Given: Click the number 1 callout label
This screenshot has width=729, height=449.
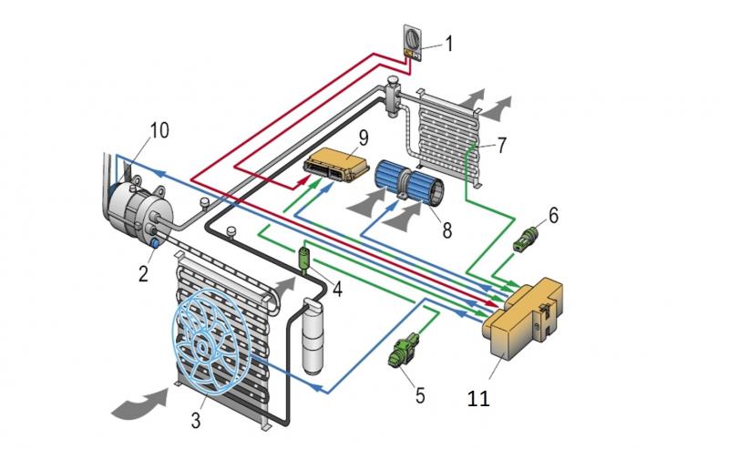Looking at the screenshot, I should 447,42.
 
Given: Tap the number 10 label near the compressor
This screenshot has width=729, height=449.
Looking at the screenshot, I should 159,130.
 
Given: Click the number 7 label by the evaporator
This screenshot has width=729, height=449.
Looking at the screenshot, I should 504,146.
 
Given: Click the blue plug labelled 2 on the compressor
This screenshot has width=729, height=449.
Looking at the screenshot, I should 155,242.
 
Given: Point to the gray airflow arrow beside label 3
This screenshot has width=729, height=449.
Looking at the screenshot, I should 141,403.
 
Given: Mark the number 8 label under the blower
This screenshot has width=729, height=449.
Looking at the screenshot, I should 447,231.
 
